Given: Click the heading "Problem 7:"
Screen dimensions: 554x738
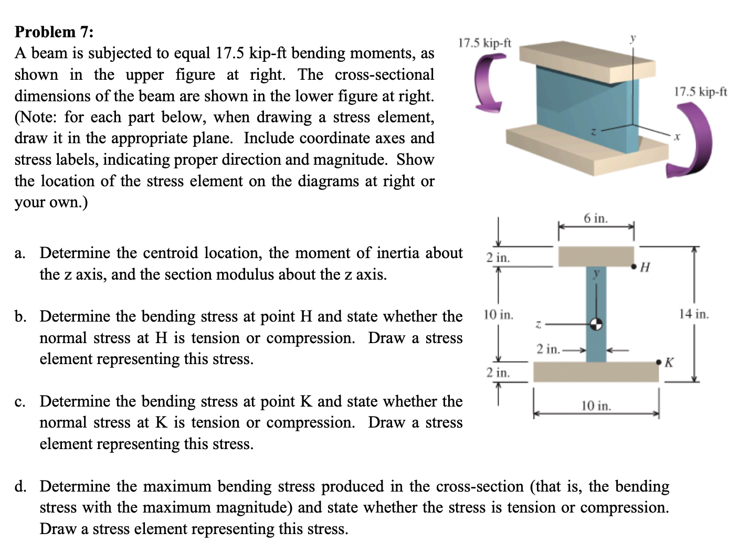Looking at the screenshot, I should (x=54, y=32).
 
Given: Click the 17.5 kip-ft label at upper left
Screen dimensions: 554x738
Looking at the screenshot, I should (x=484, y=42).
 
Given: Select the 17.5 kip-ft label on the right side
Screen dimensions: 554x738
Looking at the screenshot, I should (x=700, y=92).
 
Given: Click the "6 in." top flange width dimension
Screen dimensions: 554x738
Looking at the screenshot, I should (x=596, y=218).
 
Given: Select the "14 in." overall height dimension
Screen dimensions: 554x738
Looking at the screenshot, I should (x=693, y=314).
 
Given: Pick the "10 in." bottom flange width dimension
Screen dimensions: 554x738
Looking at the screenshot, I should (x=596, y=406).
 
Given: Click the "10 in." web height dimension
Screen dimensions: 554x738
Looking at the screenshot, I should (x=498, y=315).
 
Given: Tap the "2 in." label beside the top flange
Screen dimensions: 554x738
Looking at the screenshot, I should (x=498, y=258).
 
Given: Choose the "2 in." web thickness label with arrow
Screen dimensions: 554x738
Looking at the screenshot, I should (x=549, y=349).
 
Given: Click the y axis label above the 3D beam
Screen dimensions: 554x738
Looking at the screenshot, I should (x=633, y=38).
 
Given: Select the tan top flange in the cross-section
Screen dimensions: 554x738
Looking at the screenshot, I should (x=596, y=256).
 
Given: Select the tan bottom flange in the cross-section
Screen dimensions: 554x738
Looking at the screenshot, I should (x=596, y=371).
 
